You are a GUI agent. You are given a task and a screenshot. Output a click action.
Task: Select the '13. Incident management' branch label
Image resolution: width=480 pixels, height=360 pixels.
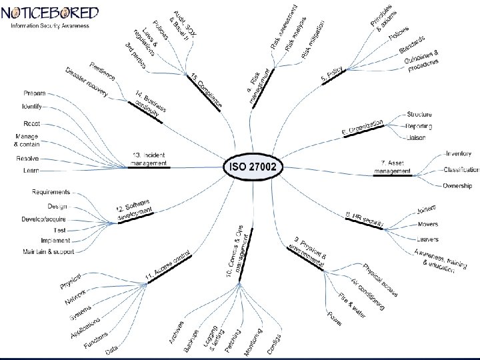click(149, 159)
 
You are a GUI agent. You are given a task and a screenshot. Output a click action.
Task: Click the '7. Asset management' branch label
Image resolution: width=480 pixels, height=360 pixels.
click(393, 167)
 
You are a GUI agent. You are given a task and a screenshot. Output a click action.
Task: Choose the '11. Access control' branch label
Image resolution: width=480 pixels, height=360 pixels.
click(167, 265)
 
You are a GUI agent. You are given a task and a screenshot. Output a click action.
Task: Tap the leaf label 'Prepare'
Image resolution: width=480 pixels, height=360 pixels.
click(34, 92)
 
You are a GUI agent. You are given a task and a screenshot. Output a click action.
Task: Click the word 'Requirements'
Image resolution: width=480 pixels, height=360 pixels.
click(51, 192)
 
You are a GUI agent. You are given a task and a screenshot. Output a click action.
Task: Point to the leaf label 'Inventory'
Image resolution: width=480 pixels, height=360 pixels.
click(458, 154)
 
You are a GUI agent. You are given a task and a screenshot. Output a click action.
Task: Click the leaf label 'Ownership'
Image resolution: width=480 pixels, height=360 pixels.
click(458, 185)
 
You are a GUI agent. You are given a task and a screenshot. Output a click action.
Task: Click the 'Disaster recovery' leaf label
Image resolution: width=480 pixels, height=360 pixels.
click(86, 82)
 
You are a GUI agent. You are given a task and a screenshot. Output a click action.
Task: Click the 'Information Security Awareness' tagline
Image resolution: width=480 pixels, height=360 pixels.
click(49, 25)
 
